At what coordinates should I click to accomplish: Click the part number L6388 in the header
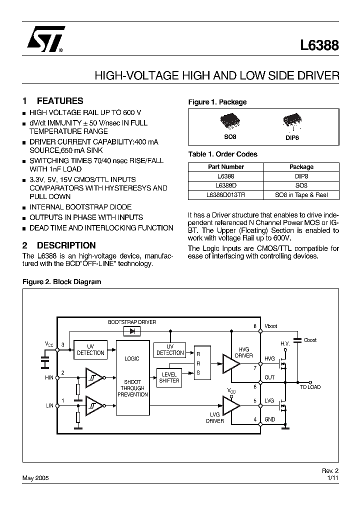click(x=319, y=45)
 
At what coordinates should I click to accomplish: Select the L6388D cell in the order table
click(x=225, y=185)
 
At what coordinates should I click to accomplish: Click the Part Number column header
click(x=225, y=167)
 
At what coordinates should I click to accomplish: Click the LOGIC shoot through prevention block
click(x=132, y=377)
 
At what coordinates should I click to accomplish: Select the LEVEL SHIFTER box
click(x=169, y=377)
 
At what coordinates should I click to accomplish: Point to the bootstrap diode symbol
click(x=132, y=331)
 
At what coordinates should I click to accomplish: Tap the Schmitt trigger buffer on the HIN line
click(x=93, y=378)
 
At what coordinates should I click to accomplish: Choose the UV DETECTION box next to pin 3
click(x=90, y=349)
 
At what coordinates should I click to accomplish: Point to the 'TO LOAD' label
click(x=310, y=387)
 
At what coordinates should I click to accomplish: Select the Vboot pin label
click(x=271, y=326)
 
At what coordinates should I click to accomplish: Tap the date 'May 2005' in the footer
click(x=35, y=478)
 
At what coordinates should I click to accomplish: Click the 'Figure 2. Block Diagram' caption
click(x=62, y=282)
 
